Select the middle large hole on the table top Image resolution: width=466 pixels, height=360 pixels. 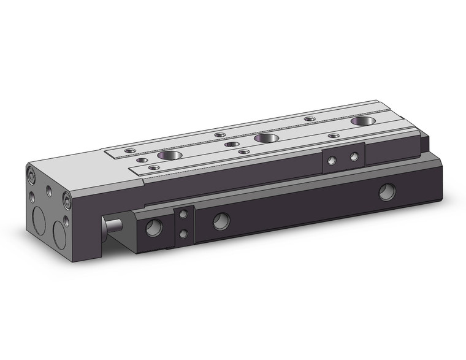265,138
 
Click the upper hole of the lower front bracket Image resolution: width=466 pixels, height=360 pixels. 183,214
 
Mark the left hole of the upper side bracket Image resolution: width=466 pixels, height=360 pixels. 332,161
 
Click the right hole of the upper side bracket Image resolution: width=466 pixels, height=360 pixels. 354,156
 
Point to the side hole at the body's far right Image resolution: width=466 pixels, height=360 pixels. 386,193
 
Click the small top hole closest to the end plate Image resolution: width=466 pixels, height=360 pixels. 129,150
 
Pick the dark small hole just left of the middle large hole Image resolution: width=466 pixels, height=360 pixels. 231,144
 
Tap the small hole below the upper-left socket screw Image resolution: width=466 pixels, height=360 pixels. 32,197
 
